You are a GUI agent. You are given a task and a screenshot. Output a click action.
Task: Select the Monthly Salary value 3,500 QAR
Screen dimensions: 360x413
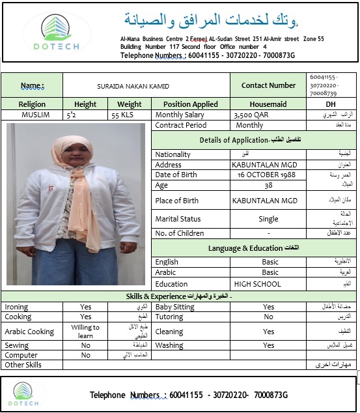[251, 115]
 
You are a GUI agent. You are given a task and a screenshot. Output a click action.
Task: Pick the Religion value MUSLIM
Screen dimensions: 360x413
[31, 115]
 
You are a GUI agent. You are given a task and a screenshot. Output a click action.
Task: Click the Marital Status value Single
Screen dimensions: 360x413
[268, 219]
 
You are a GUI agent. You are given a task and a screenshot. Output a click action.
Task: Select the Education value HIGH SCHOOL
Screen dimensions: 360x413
[257, 284]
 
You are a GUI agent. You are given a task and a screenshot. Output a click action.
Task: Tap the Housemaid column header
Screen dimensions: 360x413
[268, 104]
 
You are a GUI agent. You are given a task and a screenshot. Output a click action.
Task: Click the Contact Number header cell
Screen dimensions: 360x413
[268, 85]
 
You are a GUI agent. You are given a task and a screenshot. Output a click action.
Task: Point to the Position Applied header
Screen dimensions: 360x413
[190, 104]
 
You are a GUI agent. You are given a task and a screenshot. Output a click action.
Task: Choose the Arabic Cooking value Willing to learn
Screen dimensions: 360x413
[85, 332]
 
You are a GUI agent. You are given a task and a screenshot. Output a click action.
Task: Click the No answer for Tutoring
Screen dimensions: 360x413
[268, 317]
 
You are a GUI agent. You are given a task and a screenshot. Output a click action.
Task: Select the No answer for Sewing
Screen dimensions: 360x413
[85, 346]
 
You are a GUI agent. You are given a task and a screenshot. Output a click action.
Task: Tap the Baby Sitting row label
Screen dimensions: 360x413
[174, 307]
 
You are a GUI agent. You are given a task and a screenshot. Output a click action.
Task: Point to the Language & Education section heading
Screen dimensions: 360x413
[255, 248]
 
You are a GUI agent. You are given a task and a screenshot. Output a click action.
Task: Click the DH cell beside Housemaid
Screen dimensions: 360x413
[331, 104]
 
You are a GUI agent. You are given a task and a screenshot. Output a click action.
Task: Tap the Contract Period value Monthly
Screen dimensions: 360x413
[249, 125]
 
